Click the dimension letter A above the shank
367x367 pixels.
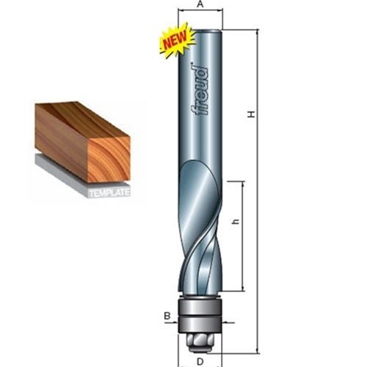click(x=200, y=5)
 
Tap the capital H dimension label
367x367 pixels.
click(x=251, y=115)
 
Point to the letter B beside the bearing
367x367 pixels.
click(x=166, y=317)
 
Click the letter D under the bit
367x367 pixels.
click(x=200, y=361)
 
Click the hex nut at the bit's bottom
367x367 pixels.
click(x=200, y=339)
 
